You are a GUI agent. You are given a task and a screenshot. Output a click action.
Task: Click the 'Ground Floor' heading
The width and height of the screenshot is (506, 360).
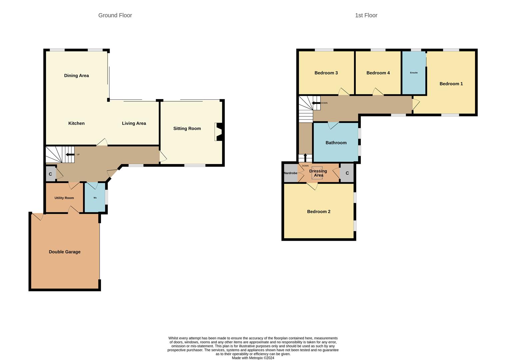point(115,15)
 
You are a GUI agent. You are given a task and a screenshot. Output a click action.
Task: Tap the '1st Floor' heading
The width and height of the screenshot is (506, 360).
point(366,15)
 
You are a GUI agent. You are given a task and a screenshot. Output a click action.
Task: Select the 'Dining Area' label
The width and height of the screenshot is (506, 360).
point(76,76)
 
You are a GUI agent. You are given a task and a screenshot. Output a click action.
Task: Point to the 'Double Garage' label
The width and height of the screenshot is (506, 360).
point(65,252)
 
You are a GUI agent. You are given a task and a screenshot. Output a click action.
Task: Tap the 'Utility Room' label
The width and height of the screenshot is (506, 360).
point(64,198)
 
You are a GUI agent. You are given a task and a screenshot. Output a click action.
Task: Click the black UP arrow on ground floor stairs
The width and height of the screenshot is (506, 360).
point(70,154)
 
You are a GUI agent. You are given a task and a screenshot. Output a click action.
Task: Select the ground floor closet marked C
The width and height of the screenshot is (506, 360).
point(50,174)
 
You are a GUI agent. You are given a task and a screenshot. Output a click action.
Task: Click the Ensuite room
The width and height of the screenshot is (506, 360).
point(414,73)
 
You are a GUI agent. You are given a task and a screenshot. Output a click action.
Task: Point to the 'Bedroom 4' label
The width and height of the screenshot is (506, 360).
point(378,73)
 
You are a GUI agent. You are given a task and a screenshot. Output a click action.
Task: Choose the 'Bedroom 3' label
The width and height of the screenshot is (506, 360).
point(326,73)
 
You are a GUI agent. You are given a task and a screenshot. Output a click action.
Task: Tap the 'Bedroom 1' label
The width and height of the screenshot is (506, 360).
point(451,84)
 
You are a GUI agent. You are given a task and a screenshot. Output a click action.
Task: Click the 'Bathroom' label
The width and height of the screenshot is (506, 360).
point(336,143)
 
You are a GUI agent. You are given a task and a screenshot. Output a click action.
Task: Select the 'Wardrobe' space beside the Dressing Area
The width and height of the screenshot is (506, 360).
point(290,173)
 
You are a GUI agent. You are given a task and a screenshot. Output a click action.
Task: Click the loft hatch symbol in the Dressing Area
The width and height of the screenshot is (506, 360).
point(317,173)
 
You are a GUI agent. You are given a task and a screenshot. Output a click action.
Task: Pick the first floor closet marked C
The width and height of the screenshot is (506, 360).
point(347,173)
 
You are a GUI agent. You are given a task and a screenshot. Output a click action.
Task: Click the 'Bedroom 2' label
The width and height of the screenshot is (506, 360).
point(318,212)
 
